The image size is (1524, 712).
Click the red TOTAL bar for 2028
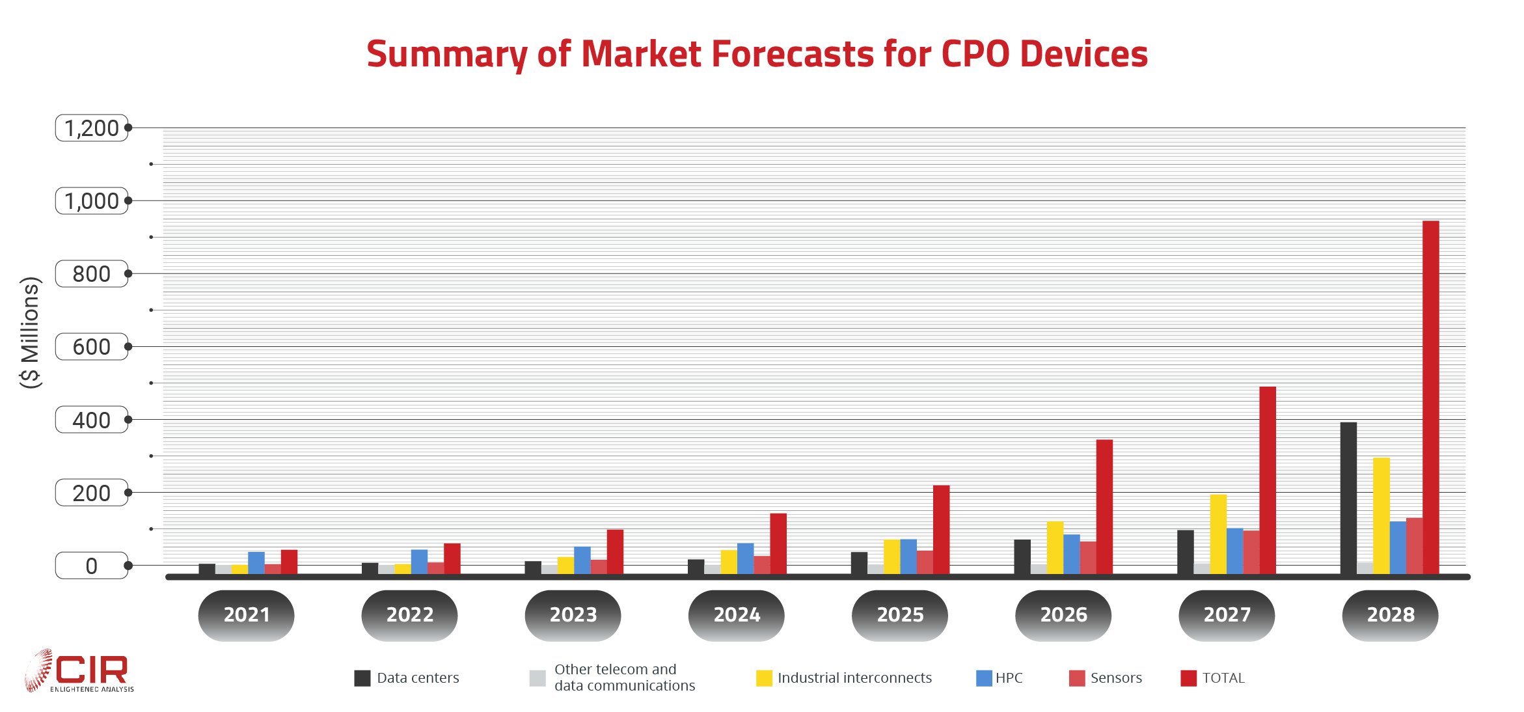click(x=1430, y=397)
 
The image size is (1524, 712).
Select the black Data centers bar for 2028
click(x=1348, y=498)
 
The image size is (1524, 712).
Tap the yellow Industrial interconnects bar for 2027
click(x=1218, y=534)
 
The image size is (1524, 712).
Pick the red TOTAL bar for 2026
click(x=1104, y=506)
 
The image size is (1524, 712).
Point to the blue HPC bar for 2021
click(x=256, y=563)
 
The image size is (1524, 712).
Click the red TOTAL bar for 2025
click(x=941, y=529)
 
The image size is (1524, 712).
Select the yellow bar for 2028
click(x=1381, y=515)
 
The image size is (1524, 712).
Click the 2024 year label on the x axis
click(x=737, y=614)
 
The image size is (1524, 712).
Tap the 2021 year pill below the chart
click(x=247, y=614)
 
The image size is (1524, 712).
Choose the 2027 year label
click(x=1227, y=614)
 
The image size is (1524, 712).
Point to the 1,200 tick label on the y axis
click(x=92, y=128)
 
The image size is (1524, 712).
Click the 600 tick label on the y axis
click(x=92, y=347)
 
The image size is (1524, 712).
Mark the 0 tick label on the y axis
click(x=92, y=566)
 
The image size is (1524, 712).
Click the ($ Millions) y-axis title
click(x=30, y=333)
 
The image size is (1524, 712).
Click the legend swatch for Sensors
click(x=1077, y=678)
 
